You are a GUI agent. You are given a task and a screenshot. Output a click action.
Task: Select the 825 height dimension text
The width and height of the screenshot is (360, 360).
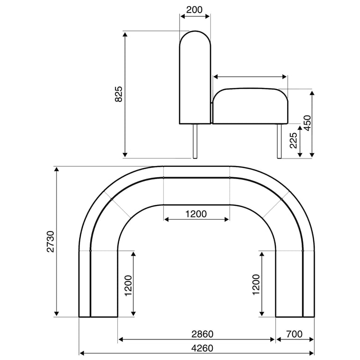click(119, 94)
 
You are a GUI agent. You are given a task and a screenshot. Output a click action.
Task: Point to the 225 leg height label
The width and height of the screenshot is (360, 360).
click(293, 140)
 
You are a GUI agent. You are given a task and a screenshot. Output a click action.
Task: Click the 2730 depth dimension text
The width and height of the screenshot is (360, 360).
click(50, 241)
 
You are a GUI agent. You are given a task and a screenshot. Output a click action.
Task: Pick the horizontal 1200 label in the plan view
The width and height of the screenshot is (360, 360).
click(196, 214)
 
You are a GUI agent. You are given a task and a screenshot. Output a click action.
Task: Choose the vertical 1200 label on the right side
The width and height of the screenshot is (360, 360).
click(256, 285)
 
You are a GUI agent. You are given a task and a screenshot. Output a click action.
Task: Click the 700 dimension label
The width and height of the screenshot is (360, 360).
click(295, 334)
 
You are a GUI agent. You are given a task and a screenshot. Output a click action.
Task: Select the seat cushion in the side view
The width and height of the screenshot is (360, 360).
click(250, 107)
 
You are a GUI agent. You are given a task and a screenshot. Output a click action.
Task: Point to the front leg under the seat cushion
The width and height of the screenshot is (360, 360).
click(279, 141)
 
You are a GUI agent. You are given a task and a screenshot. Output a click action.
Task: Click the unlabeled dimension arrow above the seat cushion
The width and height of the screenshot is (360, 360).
click(250, 77)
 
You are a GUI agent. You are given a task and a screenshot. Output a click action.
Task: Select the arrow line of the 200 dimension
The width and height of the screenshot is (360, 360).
click(195, 16)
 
